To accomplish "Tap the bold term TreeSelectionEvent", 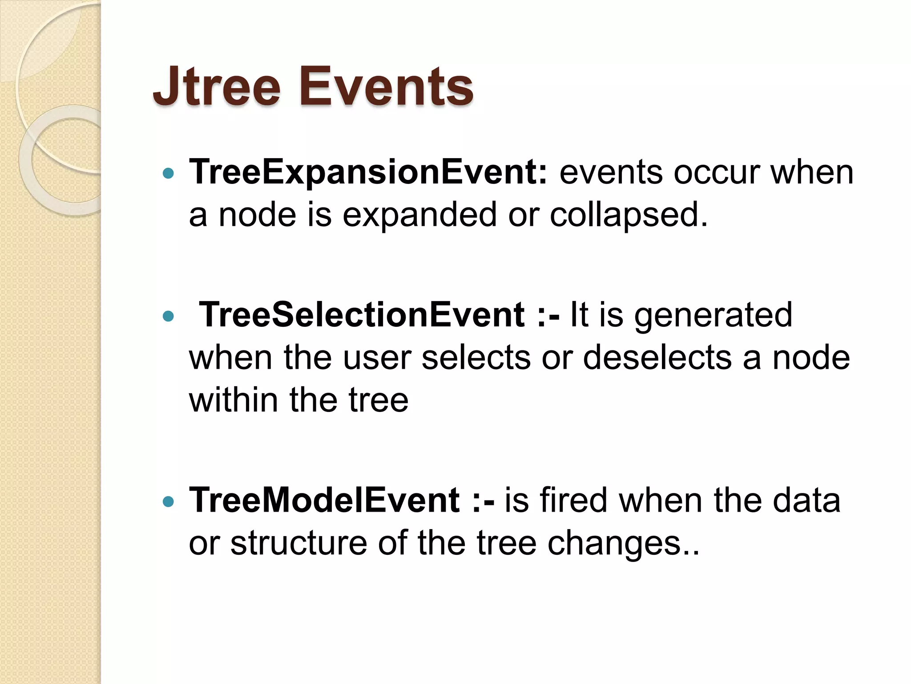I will (362, 315).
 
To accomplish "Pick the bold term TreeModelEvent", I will (324, 501).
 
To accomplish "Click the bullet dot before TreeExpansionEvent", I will (168, 174).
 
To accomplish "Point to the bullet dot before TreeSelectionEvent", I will (168, 316).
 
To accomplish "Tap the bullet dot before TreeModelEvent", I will (168, 502).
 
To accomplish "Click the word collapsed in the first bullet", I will (628, 215).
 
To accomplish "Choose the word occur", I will (717, 173).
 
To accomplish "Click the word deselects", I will (657, 358).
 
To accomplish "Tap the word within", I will (234, 400).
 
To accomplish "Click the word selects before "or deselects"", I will (476, 358).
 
